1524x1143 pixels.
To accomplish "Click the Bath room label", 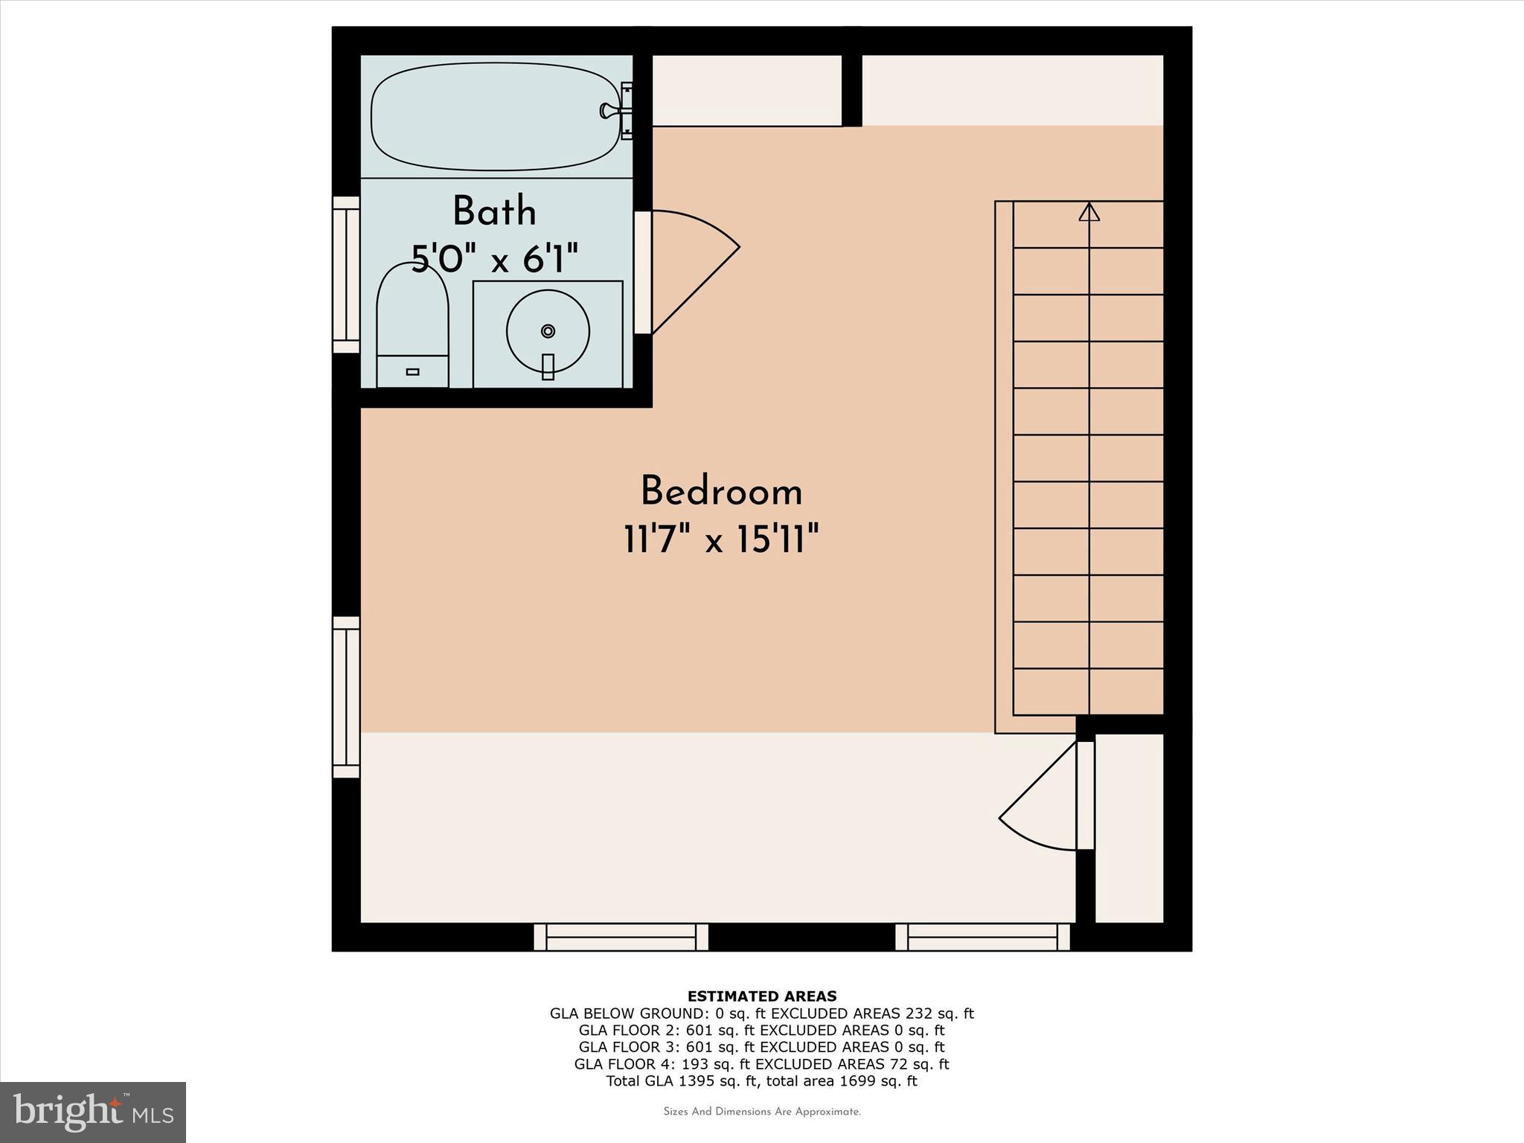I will coord(494,211).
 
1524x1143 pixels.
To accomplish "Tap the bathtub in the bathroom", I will coord(495,117).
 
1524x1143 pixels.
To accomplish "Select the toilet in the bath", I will coord(412,327).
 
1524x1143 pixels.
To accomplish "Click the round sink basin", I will coord(548,331).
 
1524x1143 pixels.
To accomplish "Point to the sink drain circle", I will coord(548,330).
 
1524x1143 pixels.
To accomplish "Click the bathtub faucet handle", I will coord(609,111).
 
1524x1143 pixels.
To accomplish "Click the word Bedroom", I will coord(721,492).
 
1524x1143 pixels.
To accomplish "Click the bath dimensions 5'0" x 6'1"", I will coord(495,260).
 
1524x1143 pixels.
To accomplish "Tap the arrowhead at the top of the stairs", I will coord(1089,212).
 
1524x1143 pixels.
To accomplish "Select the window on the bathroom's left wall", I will coord(346,275).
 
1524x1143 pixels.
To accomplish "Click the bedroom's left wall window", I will coord(346,697).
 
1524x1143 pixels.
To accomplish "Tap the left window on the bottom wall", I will coord(621,937).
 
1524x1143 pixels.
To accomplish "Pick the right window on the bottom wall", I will coord(982,937).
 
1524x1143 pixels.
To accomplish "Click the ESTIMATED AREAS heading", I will coord(761,996).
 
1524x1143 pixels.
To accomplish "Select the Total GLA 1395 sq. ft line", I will coord(761,1081).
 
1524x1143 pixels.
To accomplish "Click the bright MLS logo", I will coord(93,1112).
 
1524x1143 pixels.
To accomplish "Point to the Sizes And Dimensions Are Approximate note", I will coord(761,1112).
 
